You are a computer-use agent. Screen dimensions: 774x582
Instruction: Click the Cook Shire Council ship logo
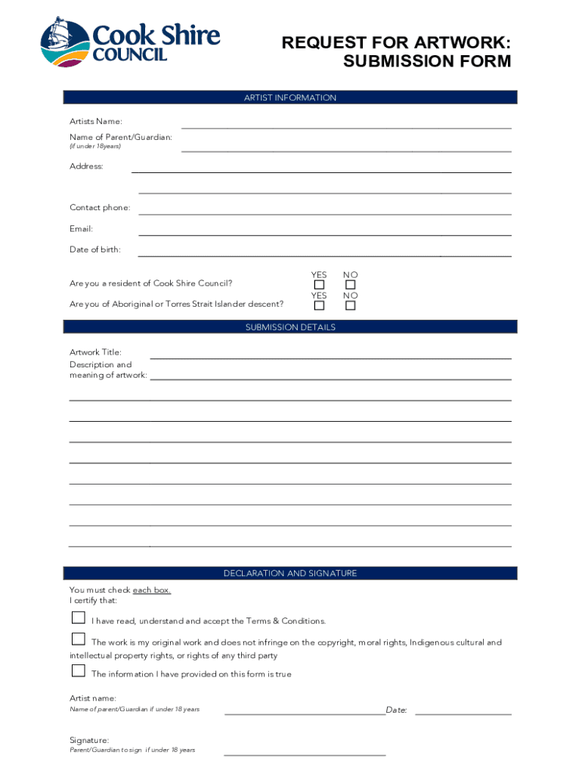click(x=65, y=42)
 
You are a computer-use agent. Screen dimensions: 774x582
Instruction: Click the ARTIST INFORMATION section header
click(x=290, y=98)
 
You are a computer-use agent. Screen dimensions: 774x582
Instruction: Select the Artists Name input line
click(x=346, y=127)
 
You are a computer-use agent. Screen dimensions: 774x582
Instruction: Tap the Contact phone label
click(x=100, y=208)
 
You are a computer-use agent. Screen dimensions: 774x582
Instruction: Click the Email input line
click(x=325, y=234)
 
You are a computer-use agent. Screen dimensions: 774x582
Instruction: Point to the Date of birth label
click(x=95, y=249)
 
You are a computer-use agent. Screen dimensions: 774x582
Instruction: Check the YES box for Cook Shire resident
click(x=319, y=285)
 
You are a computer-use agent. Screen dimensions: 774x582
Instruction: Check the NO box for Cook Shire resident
click(x=350, y=285)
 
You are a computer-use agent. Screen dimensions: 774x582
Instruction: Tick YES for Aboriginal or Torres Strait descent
click(x=319, y=305)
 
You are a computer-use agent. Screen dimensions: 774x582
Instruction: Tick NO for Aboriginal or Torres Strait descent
click(x=350, y=305)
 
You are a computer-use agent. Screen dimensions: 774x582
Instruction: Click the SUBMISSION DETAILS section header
click(x=290, y=327)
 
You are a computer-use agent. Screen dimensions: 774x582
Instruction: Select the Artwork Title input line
click(x=331, y=357)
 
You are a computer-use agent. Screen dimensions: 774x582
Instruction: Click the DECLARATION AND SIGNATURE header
click(x=290, y=574)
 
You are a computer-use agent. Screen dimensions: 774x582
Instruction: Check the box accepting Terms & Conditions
click(x=78, y=618)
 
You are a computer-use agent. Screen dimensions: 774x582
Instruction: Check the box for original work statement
click(x=78, y=639)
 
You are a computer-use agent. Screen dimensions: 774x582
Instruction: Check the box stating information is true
click(x=78, y=670)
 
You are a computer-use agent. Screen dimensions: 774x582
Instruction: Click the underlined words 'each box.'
click(x=152, y=590)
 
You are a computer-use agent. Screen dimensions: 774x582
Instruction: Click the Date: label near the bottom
click(x=397, y=710)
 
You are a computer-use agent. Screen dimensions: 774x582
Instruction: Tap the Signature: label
click(x=89, y=740)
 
